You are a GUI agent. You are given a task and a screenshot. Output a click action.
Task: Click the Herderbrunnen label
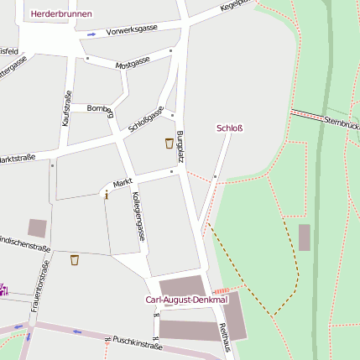tap(60, 14)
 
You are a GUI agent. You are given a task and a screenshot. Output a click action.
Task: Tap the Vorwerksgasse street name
tap(132, 31)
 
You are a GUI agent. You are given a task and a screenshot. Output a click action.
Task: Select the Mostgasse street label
tap(133, 62)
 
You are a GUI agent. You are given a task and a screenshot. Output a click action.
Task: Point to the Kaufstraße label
tap(66, 108)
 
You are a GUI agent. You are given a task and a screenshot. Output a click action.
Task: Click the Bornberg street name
tap(100, 108)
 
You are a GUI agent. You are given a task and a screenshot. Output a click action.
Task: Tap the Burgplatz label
tap(180, 146)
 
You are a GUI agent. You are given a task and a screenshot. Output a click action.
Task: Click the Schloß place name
tap(229, 128)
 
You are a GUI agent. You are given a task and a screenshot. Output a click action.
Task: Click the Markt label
tap(123, 182)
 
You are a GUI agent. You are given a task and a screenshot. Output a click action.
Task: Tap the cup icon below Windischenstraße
tap(74, 259)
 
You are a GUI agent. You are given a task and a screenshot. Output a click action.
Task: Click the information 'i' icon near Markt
tap(106, 195)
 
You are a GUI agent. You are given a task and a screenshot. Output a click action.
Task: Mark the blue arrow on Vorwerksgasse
tap(91, 34)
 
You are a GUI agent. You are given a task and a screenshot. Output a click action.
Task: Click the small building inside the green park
tap(304, 237)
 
